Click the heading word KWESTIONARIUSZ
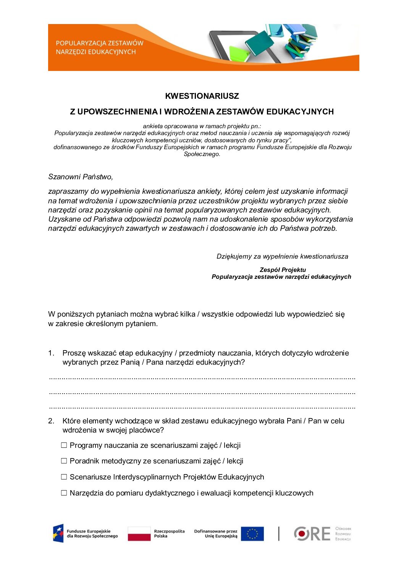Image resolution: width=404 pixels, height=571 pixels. pyautogui.click(x=202, y=96)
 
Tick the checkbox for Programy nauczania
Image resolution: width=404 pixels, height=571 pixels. pyautogui.click(x=64, y=445)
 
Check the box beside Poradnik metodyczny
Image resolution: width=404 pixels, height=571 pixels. pyautogui.click(x=64, y=461)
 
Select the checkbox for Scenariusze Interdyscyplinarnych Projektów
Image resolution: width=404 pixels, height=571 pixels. pyautogui.click(x=64, y=477)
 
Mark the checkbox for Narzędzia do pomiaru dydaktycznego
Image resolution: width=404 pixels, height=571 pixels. pyautogui.click(x=64, y=493)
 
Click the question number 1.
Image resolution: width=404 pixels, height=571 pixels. pyautogui.click(x=51, y=353)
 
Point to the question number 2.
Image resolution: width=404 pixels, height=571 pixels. pyautogui.click(x=51, y=421)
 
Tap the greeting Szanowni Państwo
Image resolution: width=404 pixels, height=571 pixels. pyautogui.click(x=81, y=177)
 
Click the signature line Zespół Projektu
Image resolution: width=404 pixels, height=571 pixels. pyautogui.click(x=283, y=270)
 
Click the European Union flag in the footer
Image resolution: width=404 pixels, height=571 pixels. pyautogui.click(x=252, y=534)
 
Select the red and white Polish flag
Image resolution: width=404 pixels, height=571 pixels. pyautogui.click(x=139, y=534)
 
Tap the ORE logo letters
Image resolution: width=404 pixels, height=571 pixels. pyautogui.click(x=312, y=534)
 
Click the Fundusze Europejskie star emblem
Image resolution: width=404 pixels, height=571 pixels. pyautogui.click(x=58, y=533)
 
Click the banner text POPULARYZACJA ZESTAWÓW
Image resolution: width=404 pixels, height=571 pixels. pyautogui.click(x=99, y=43)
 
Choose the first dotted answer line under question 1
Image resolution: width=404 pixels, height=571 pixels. pyautogui.click(x=202, y=378)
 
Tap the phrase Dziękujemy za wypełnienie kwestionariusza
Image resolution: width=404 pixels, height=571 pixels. pyautogui.click(x=282, y=256)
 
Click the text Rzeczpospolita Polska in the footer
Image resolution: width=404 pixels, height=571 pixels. pyautogui.click(x=169, y=534)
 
